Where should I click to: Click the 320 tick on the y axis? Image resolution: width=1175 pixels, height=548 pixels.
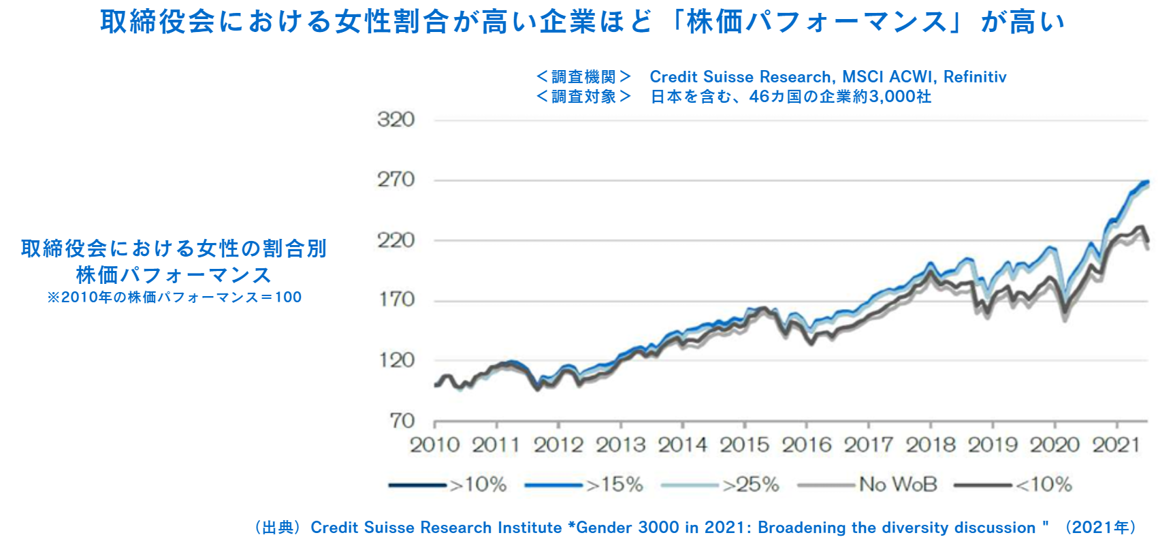396,120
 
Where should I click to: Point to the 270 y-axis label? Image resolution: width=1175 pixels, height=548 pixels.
396,180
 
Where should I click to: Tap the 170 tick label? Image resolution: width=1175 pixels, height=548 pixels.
396,300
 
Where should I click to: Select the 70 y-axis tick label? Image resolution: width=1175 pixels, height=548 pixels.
402,421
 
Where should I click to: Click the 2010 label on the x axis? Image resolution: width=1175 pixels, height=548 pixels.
434,445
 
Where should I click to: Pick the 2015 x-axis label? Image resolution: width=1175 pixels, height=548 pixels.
744,445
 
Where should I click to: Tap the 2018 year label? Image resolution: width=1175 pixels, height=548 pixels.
931,445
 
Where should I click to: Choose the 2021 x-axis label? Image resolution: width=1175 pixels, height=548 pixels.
1116,445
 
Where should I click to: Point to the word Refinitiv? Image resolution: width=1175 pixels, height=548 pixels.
974,77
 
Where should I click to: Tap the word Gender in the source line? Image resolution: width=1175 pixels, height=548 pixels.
605,528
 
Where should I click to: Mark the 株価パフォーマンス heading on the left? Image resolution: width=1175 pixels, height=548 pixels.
174,275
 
